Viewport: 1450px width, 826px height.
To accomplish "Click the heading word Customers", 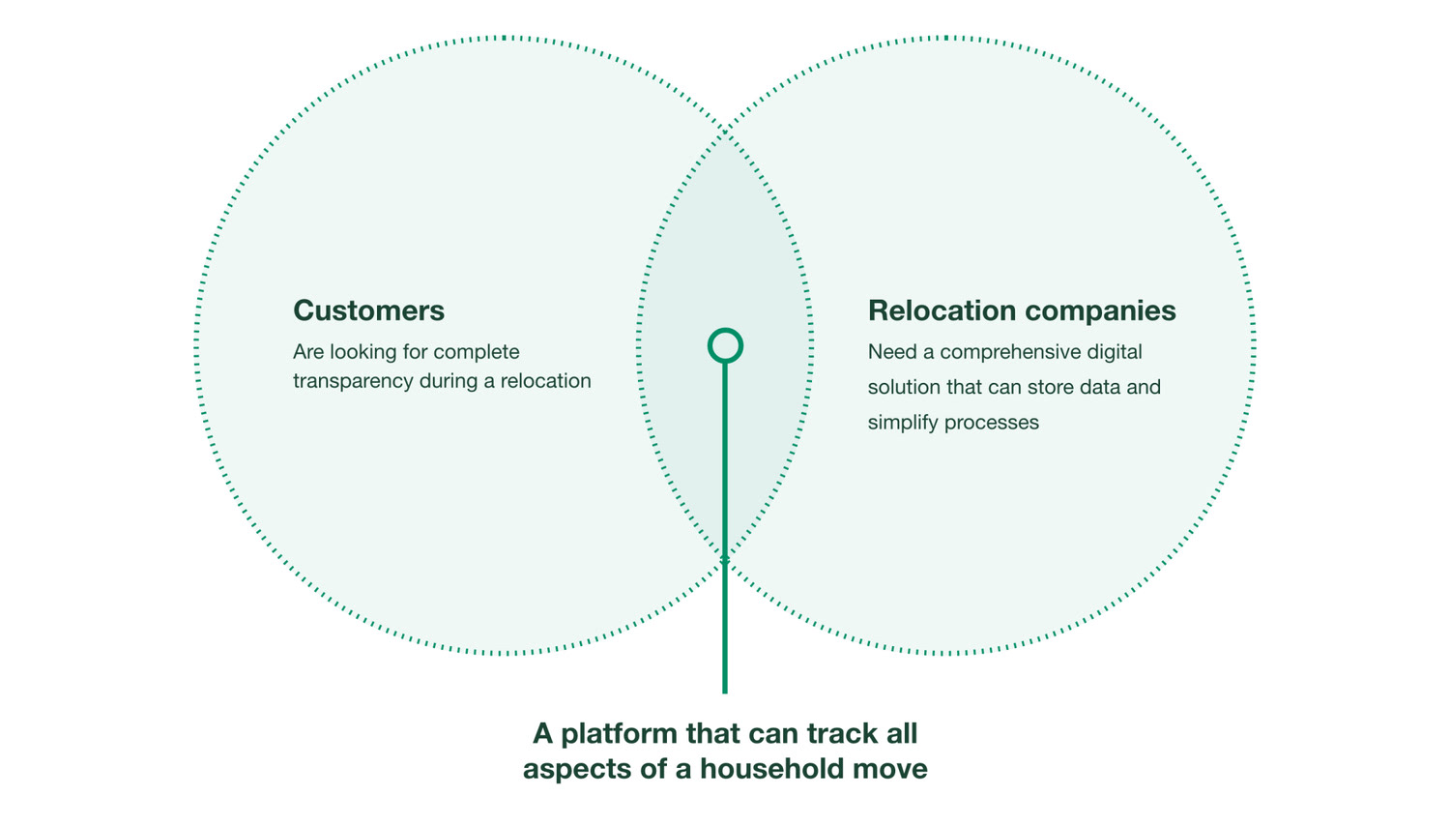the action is (x=369, y=310).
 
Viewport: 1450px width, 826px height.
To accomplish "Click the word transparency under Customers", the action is (x=352, y=382).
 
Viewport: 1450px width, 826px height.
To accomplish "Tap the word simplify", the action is (x=903, y=423).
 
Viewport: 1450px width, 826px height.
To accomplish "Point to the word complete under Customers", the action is (x=477, y=353).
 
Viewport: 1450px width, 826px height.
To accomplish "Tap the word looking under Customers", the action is (x=363, y=353).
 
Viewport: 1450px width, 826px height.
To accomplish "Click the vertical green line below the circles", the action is (x=725, y=528).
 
